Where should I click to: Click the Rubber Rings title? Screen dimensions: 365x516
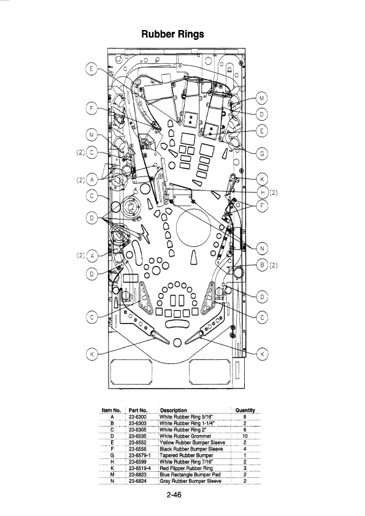coord(172,34)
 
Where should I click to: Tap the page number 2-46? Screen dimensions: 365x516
coord(174,495)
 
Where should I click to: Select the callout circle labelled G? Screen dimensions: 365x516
coord(262,154)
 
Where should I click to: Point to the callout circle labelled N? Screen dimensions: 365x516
coord(262,248)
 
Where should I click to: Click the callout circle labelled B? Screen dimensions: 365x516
coord(262,265)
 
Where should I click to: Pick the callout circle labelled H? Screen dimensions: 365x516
coord(262,192)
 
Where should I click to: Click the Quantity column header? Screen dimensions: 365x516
coord(245,410)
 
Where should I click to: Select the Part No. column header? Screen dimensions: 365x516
coord(137,410)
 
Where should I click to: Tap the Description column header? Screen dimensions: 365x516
coord(173,410)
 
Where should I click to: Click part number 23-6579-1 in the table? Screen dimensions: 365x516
coord(140,455)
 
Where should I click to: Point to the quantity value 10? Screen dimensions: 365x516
coord(245,436)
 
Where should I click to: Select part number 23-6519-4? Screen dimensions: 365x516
coord(140,468)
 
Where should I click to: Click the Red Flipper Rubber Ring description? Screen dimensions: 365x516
coord(186,468)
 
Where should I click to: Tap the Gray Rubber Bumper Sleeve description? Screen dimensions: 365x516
coord(190,481)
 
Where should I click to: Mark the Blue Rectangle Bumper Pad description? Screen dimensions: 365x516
coord(190,474)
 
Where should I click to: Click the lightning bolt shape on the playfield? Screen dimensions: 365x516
coord(145,232)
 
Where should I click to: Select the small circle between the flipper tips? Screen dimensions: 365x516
coord(177,343)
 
